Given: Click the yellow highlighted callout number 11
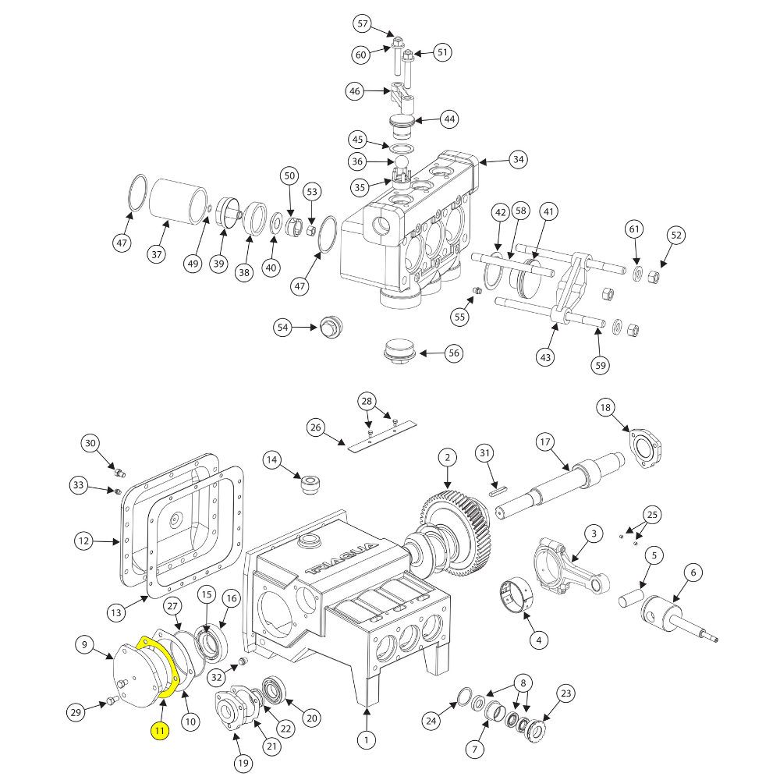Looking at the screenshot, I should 160,731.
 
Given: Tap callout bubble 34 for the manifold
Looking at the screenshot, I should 518,160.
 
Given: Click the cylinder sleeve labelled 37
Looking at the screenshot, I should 177,200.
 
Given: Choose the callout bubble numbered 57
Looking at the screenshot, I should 363,24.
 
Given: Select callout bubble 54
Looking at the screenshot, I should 282,327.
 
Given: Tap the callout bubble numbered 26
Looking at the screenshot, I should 315,427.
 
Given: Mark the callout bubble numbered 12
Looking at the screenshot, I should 85,540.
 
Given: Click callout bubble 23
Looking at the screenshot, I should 565,693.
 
